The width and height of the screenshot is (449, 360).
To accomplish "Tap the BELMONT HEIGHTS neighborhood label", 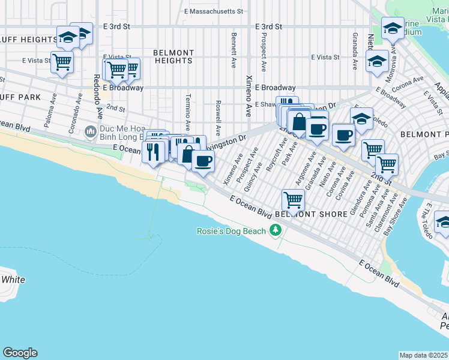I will pos(173,56).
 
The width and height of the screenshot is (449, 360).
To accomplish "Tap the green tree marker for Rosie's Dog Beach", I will pos(276,230).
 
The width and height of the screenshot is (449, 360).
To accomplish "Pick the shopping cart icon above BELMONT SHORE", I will pos(293,198).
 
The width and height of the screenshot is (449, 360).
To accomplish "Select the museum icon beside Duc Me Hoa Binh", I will pos(91,130).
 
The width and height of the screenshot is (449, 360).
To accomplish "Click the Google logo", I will pos(20,353).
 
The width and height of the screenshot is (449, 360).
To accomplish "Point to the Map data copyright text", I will pos(424,355).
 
